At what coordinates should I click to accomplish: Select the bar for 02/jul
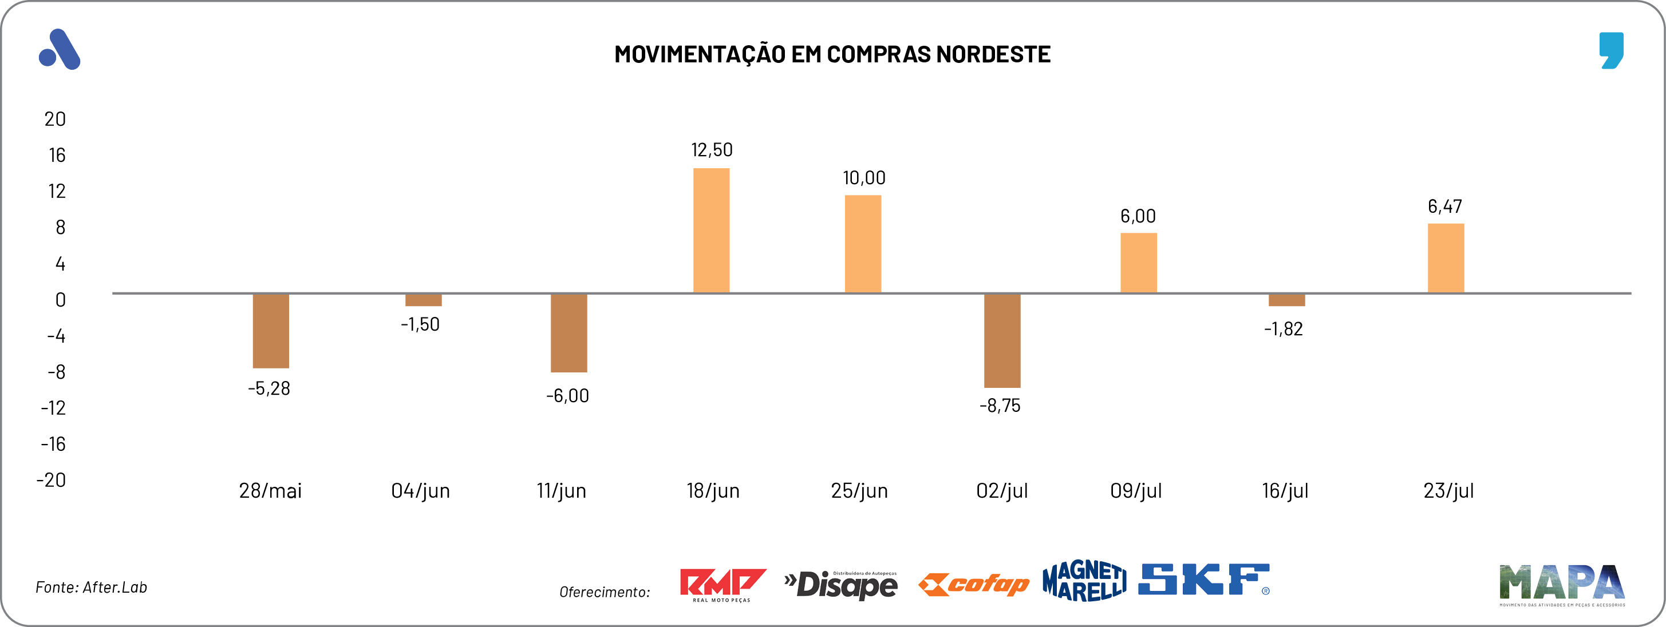click(1002, 340)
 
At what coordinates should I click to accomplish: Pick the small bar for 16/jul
click(1286, 300)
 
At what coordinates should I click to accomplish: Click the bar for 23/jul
click(1446, 258)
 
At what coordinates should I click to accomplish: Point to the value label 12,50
click(712, 150)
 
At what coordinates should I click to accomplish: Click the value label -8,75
click(1000, 406)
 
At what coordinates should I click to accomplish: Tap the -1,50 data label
click(420, 324)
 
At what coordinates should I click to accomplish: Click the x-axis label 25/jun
click(859, 491)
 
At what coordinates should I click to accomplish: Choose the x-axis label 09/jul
click(1136, 491)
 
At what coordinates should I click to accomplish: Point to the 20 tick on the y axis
click(55, 119)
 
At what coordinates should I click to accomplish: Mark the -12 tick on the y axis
click(54, 408)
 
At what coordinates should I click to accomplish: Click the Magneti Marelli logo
click(1084, 581)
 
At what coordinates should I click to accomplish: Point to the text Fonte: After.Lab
click(91, 587)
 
